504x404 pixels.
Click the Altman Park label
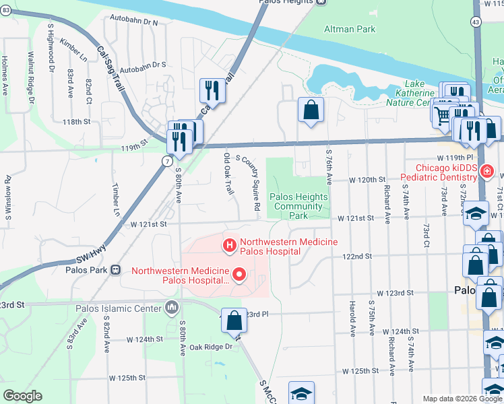(349, 30)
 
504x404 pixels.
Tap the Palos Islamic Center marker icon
(172, 308)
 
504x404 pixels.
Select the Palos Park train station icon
(115, 270)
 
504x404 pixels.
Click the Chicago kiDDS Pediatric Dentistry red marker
(486, 172)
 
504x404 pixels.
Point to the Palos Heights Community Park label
(299, 206)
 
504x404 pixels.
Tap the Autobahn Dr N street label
(137, 22)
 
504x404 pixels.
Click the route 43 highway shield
(476, 22)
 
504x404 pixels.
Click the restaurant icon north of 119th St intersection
(212, 89)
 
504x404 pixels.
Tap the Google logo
(22, 396)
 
